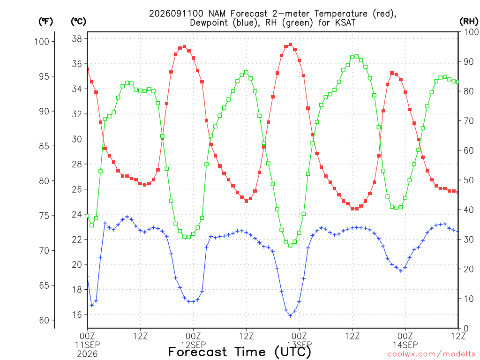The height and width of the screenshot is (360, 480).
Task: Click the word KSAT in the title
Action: [x=345, y=22]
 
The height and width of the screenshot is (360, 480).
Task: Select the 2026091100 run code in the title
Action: [x=176, y=14]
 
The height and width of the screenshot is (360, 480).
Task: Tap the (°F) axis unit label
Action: [x=45, y=22]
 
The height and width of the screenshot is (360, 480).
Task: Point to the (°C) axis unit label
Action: [x=78, y=22]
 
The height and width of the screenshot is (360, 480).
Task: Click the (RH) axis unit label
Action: [x=469, y=22]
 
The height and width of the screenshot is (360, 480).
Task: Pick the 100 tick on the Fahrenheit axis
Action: [x=42, y=42]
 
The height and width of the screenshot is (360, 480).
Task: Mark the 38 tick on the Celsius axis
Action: [x=77, y=39]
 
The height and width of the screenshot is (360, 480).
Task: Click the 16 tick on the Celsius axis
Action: [x=77, y=315]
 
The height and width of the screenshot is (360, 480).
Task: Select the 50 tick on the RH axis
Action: [x=468, y=180]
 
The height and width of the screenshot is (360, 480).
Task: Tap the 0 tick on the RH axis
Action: [x=465, y=329]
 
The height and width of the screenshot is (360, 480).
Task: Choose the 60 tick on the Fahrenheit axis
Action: [x=45, y=320]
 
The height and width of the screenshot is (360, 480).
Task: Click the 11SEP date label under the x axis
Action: [x=87, y=345]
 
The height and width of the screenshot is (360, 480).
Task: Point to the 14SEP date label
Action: [x=405, y=345]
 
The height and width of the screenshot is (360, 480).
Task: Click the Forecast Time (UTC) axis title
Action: [x=240, y=352]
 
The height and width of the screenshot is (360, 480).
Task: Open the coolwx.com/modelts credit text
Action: [x=431, y=354]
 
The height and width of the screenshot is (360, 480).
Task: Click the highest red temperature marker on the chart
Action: [x=291, y=45]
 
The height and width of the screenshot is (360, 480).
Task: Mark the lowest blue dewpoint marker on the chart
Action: [x=291, y=315]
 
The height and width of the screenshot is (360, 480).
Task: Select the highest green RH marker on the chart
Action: [x=357, y=57]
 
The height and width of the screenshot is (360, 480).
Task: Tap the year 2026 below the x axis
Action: [x=87, y=354]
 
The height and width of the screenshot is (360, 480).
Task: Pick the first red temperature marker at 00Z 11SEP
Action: [x=88, y=69]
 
